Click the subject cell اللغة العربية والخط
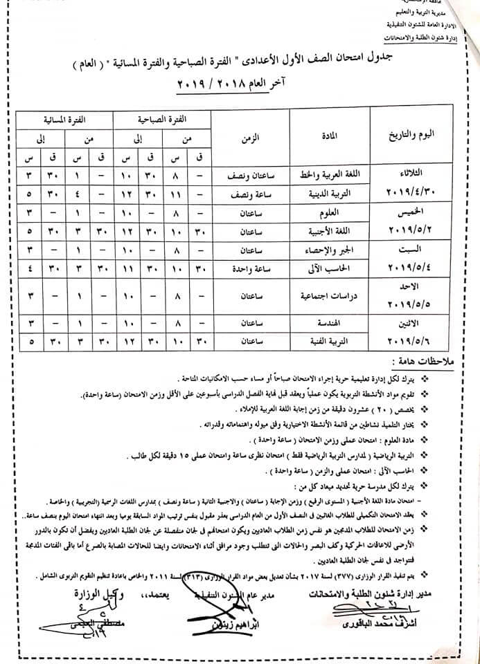tap(330, 174)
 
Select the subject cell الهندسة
tap(331, 323)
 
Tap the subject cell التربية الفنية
tap(331, 341)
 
